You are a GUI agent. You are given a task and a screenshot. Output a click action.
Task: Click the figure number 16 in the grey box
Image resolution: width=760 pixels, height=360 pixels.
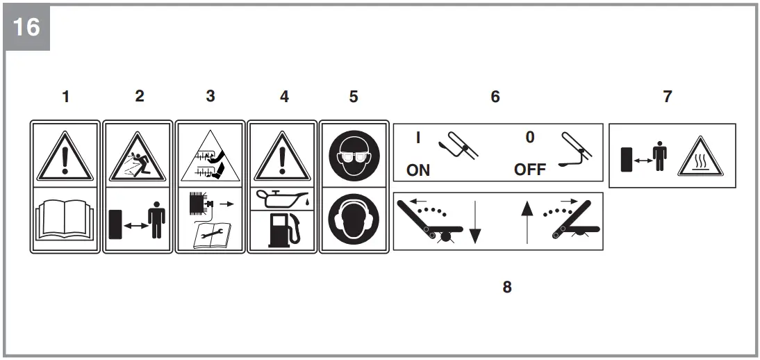tap(26, 28)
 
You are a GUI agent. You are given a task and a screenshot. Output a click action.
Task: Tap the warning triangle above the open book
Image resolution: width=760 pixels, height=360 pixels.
tap(66, 154)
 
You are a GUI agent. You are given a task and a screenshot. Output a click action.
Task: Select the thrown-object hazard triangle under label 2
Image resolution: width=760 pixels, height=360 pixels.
tap(138, 154)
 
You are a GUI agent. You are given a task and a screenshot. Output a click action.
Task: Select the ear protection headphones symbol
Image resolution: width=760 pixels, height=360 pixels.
tap(354, 220)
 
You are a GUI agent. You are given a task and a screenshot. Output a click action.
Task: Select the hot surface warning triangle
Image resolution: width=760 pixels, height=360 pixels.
tap(699, 156)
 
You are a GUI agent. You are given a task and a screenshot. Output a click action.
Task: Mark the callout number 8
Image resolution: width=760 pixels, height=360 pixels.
tap(507, 287)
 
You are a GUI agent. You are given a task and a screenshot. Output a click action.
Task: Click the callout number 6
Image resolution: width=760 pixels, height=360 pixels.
tap(495, 97)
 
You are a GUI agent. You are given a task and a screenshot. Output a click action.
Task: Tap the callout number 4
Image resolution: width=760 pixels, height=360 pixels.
tap(283, 97)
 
